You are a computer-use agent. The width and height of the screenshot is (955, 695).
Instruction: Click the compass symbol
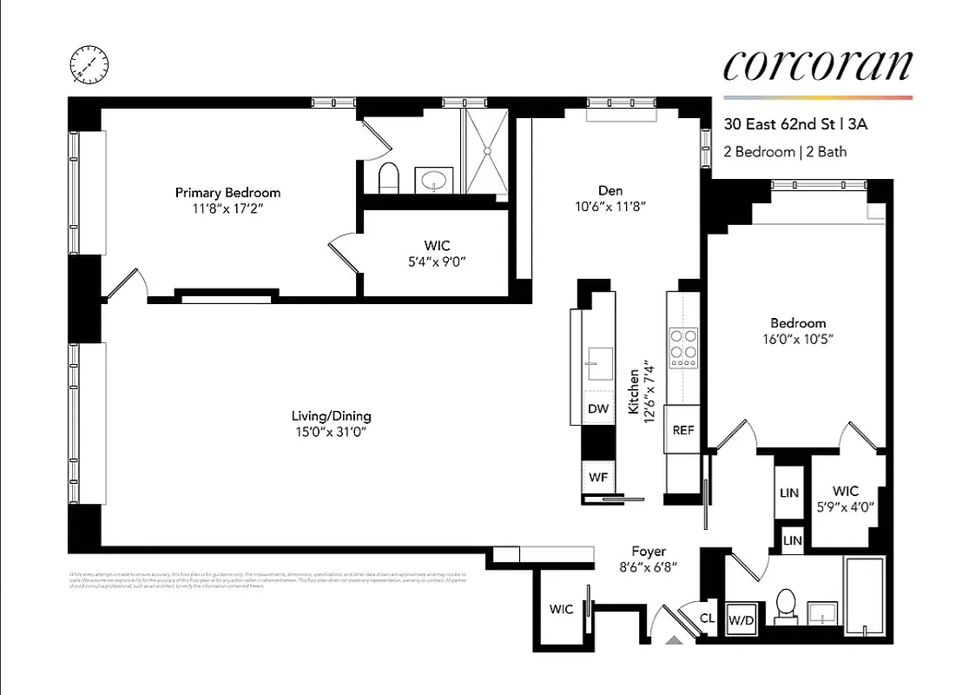click(x=90, y=64)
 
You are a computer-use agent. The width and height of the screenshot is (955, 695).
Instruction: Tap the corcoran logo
click(x=817, y=67)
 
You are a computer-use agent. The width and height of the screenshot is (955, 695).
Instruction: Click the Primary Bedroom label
click(x=227, y=193)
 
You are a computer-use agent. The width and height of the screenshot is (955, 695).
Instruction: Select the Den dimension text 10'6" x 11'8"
click(x=610, y=207)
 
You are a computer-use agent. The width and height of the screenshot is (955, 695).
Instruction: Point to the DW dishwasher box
click(x=598, y=408)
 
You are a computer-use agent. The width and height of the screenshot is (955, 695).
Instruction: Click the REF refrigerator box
click(x=683, y=429)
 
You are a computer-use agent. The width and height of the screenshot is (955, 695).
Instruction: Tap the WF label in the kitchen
click(x=598, y=477)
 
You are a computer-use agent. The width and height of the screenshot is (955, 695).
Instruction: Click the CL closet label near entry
click(x=708, y=619)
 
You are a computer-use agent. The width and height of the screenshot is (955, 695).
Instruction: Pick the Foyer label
click(x=649, y=552)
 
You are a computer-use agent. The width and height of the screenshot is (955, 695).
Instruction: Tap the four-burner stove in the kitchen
click(x=683, y=346)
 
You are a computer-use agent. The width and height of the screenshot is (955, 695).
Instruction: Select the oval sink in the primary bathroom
click(x=433, y=181)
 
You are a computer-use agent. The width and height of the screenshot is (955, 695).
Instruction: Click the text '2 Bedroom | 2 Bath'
click(x=785, y=152)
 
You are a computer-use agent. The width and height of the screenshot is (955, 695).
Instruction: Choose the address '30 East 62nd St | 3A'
click(x=796, y=124)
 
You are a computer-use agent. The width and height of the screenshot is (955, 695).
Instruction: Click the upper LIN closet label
click(x=789, y=493)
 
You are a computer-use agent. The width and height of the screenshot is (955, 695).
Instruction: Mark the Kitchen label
click(x=635, y=390)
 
